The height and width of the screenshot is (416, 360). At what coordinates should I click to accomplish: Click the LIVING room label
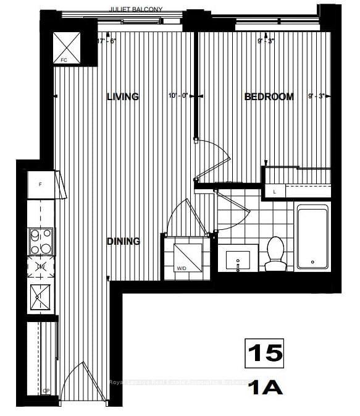[122, 96]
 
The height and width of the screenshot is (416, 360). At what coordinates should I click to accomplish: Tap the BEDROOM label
[269, 96]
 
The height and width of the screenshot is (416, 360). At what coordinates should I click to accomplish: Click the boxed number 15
[265, 353]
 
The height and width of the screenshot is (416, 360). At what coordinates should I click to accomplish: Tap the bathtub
[312, 236]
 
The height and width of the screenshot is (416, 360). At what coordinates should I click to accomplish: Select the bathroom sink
[239, 259]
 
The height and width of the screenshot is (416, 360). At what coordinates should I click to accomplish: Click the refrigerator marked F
[41, 184]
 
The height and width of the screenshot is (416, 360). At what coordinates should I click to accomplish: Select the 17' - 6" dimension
[107, 41]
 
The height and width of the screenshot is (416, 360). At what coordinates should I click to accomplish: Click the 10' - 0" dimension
[178, 96]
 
